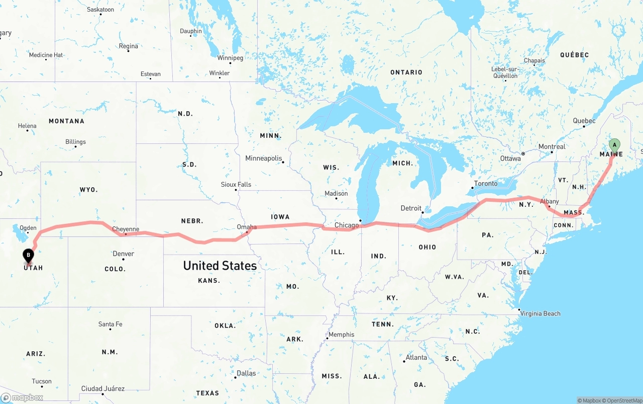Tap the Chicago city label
click(346, 225)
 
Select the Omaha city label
click(247, 227)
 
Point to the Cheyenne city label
click(126, 229)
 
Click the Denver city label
click(123, 254)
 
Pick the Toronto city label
click(486, 184)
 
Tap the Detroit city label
click(411, 208)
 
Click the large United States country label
click(220, 266)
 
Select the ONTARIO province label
click(406, 72)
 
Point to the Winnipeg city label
click(230, 58)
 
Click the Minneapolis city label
click(264, 158)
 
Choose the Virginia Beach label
click(541, 313)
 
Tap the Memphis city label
click(341, 335)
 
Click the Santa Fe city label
click(111, 324)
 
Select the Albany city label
click(549, 201)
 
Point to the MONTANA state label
click(66, 121)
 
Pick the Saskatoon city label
click(100, 10)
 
